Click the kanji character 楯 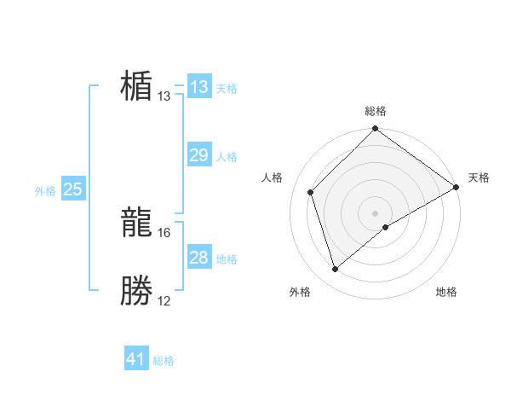(136, 86)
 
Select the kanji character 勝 (136, 291)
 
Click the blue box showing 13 (199, 87)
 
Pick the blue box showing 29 (199, 155)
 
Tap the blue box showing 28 (199, 258)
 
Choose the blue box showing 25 (73, 189)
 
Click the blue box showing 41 (136, 359)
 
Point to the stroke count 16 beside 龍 (164, 232)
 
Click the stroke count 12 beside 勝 (164, 300)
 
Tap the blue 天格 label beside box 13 (227, 89)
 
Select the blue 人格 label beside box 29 (227, 157)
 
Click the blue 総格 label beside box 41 (164, 361)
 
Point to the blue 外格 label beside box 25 (45, 191)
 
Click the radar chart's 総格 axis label (376, 111)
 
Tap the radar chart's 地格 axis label (446, 292)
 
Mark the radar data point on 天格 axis (456, 187)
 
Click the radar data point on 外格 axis (336, 270)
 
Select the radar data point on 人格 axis (311, 192)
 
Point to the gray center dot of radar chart (376, 213)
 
